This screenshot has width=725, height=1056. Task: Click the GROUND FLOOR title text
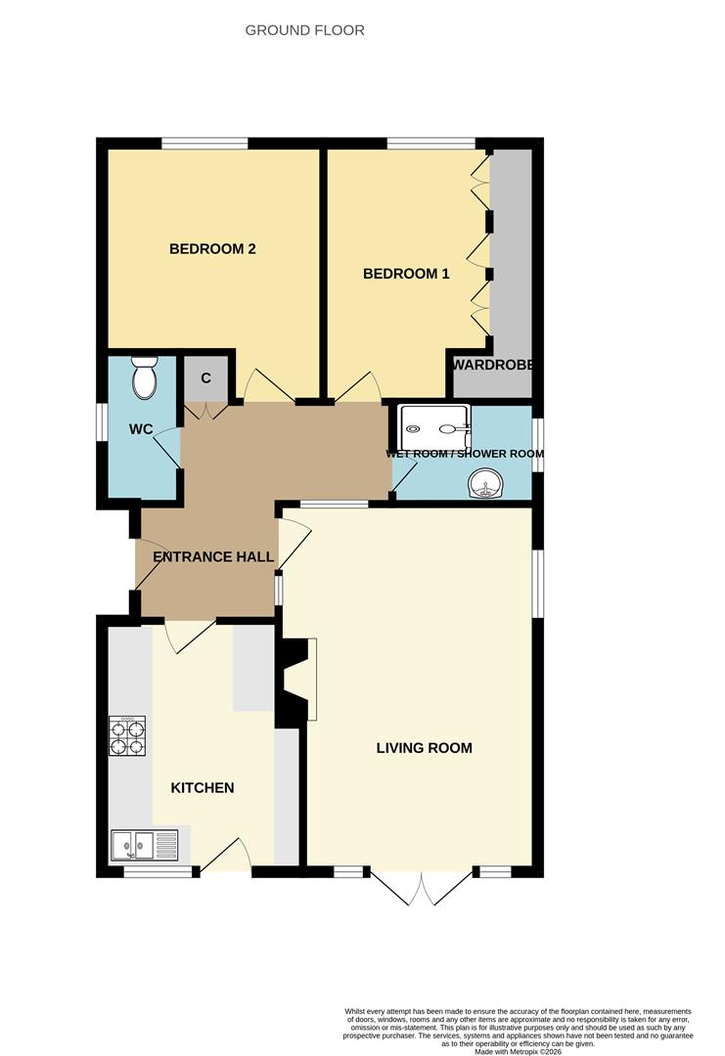[304, 30]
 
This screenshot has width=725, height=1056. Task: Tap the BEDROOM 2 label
[212, 248]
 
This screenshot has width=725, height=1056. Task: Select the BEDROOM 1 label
[406, 274]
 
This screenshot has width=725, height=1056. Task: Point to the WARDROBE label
[493, 365]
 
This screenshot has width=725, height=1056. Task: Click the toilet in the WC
[145, 376]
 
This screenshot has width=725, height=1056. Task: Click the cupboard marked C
[206, 377]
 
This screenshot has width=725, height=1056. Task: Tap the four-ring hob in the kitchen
[127, 736]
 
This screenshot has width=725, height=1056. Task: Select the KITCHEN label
[203, 787]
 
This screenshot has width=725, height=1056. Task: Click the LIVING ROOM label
[425, 748]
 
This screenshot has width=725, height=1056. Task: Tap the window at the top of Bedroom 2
[204, 145]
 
